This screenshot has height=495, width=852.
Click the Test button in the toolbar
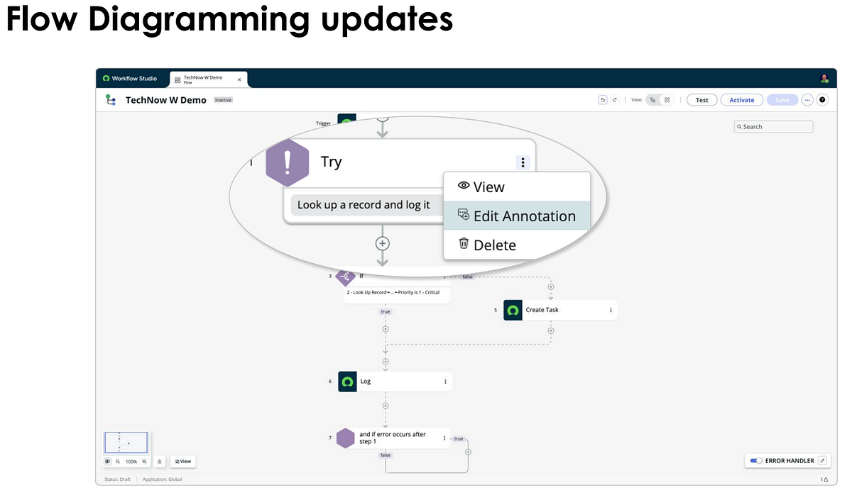point(701,100)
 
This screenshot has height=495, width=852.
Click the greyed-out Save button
point(782,100)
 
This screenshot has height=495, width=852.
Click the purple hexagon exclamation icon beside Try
point(287,162)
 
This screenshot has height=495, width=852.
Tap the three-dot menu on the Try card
point(523,162)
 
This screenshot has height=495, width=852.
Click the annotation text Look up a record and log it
point(364,205)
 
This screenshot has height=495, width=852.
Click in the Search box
point(774,127)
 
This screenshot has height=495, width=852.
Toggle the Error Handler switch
point(755,461)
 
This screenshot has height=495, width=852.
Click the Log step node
point(394,382)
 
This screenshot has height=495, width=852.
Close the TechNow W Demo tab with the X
point(239,79)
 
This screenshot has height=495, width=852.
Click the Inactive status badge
point(224,100)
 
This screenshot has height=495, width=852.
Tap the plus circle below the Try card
point(383,243)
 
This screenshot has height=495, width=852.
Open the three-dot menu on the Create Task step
point(611,310)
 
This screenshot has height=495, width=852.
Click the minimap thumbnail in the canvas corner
point(126,443)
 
